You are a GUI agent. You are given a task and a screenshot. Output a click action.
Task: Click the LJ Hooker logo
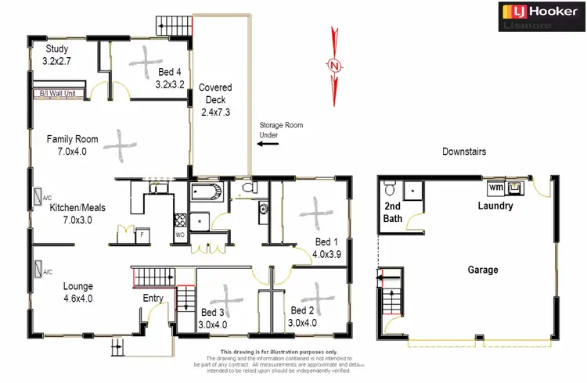coord(539,16)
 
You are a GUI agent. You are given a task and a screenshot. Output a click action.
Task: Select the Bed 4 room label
coord(170,77)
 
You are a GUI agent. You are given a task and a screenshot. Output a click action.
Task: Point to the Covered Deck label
coord(215,99)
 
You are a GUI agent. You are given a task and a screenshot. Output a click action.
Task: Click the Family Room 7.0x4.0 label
coord(71,145)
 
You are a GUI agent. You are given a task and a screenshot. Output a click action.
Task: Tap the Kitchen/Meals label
coord(77,213)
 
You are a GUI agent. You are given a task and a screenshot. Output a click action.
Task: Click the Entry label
coord(153,298)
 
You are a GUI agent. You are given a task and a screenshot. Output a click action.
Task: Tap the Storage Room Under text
coord(280,130)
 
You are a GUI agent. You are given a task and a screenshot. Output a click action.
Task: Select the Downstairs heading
coord(465,152)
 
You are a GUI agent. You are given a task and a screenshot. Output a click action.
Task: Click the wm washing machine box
coord(495,188)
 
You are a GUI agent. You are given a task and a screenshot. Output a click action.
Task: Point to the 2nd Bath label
coord(392,213)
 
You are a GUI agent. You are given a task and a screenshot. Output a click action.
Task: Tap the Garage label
coord(483,270)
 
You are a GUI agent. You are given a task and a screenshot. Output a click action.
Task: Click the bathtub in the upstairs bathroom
coord(207,192)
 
